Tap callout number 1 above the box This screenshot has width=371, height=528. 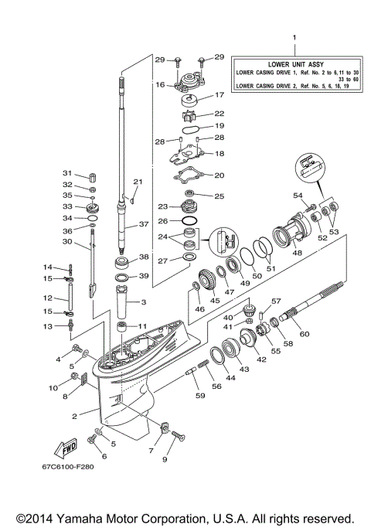[x=293, y=37]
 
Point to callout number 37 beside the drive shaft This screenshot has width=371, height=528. [x=143, y=225]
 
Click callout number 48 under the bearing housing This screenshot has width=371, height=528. [x=296, y=252]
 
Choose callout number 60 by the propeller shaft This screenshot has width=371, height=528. [x=325, y=333]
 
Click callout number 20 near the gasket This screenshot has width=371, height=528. [x=220, y=175]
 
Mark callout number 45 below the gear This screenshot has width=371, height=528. [x=215, y=301]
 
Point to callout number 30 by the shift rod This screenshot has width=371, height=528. [x=67, y=242]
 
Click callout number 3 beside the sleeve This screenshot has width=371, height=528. [x=143, y=301]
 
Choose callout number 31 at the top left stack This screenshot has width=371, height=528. [x=67, y=172]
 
